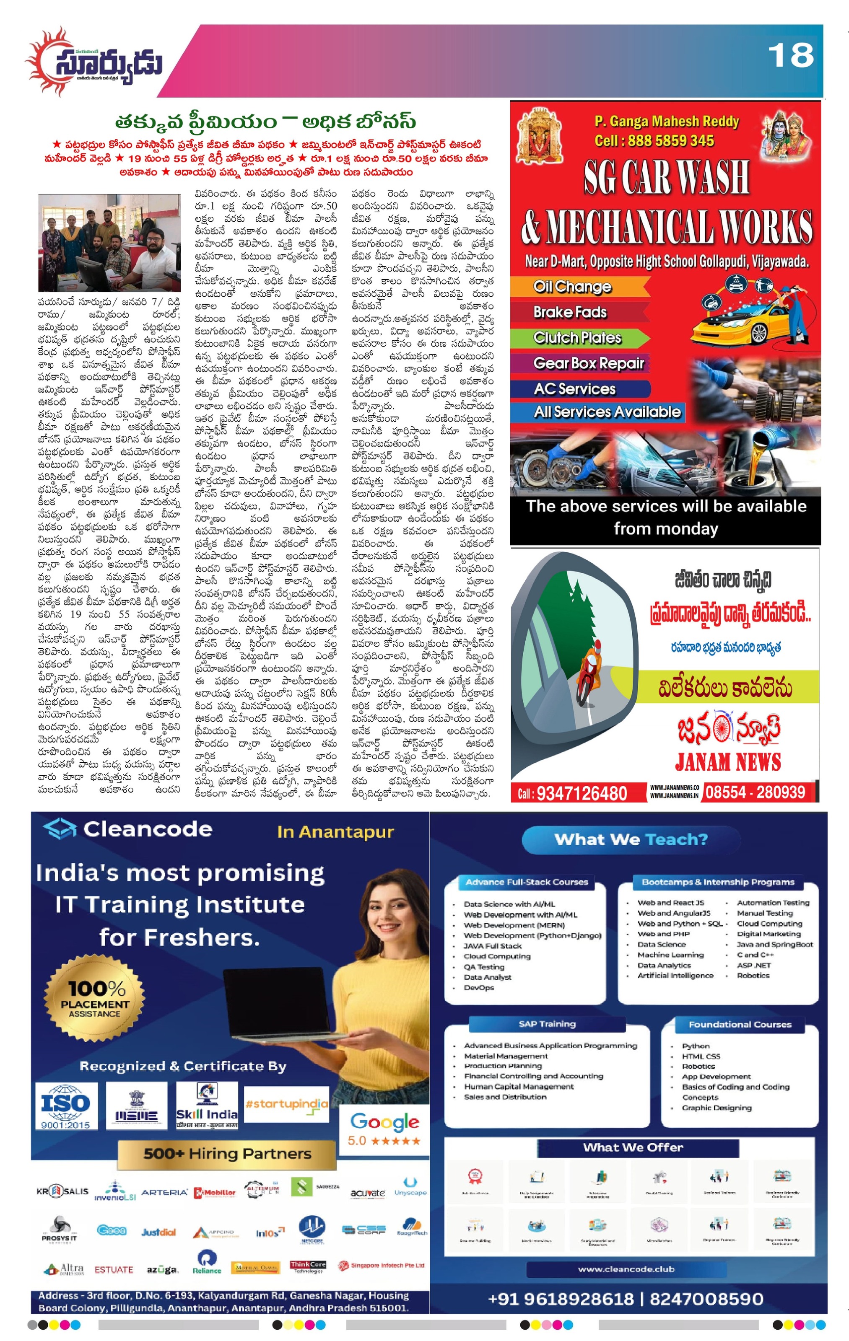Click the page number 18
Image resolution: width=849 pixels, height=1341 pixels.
[790, 56]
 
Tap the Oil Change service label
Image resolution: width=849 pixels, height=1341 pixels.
[572, 287]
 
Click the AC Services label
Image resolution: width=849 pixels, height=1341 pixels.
[574, 389]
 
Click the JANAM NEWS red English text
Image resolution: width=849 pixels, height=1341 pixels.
[727, 762]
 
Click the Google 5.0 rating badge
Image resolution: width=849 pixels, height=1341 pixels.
[384, 1128]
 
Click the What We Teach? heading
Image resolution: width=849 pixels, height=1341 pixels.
[631, 839]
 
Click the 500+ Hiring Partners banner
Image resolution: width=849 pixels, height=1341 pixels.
[227, 1153]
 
